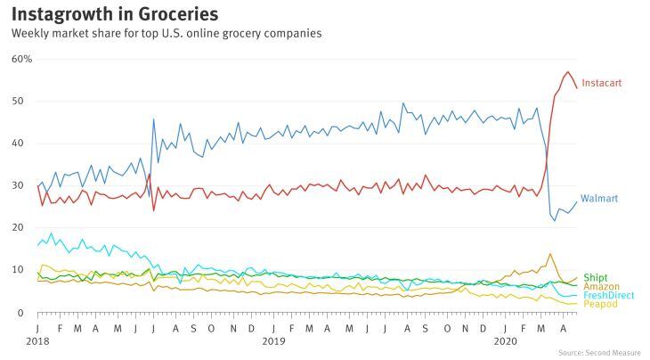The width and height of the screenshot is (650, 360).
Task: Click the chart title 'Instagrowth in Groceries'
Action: (x=114, y=14)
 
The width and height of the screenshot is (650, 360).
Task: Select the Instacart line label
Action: (x=602, y=83)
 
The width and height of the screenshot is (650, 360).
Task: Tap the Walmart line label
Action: (x=599, y=198)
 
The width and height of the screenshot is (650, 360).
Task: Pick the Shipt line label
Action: (x=596, y=277)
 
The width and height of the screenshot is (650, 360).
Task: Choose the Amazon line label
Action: (x=602, y=287)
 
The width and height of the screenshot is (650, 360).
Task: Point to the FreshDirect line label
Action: (x=608, y=295)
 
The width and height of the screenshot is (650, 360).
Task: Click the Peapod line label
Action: (x=600, y=304)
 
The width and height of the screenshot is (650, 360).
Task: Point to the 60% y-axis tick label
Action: (x=21, y=59)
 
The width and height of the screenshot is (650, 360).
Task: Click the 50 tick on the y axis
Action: (x=18, y=102)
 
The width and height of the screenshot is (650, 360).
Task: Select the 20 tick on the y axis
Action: (x=18, y=227)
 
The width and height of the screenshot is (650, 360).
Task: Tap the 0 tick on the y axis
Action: (x=20, y=313)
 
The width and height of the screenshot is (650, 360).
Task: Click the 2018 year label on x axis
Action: (x=37, y=341)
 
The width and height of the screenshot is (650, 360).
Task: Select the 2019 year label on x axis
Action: (x=273, y=341)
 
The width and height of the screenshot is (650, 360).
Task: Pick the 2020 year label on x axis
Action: (x=506, y=341)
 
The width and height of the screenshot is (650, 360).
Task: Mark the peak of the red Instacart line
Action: (x=568, y=72)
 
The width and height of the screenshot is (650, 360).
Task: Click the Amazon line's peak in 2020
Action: (x=550, y=254)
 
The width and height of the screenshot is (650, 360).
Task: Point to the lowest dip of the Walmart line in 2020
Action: (x=555, y=221)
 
